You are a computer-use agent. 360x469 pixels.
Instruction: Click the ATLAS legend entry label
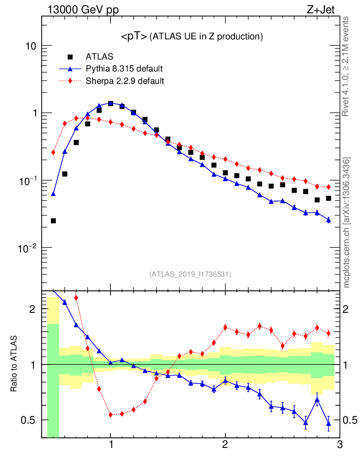pyautogui.click(x=99, y=57)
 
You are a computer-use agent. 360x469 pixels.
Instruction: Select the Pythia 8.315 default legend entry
pyautogui.click(x=124, y=69)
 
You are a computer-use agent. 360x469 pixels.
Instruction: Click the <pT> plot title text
pyautogui.click(x=191, y=36)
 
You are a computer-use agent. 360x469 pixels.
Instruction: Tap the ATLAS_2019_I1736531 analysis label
pyautogui.click(x=190, y=274)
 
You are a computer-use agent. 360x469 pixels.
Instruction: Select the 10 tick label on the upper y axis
pyautogui.click(x=30, y=46)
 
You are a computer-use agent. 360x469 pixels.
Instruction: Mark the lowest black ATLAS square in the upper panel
pyautogui.click(x=53, y=221)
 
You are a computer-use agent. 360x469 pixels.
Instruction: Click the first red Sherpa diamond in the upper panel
pyautogui.click(x=53, y=153)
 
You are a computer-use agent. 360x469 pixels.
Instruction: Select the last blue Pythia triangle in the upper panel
pyautogui.click(x=328, y=220)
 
